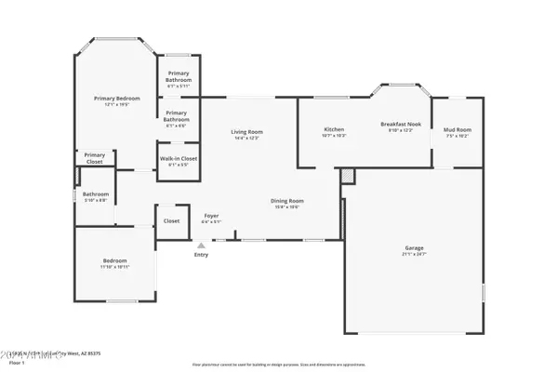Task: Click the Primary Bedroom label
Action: (116, 98)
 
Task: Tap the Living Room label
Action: (247, 132)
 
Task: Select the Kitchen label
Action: (334, 128)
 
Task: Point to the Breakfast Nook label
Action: (401, 124)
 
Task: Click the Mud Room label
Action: (457, 129)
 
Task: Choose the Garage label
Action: (414, 247)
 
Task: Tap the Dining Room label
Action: (286, 201)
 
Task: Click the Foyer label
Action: (212, 216)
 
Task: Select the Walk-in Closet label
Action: (178, 159)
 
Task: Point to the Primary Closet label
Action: (94, 158)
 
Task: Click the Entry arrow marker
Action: (200, 245)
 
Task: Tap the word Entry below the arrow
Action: (201, 255)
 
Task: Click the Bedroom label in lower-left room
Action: (114, 260)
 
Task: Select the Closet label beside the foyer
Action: (171, 221)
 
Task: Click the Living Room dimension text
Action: (247, 139)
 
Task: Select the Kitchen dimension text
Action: (334, 136)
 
